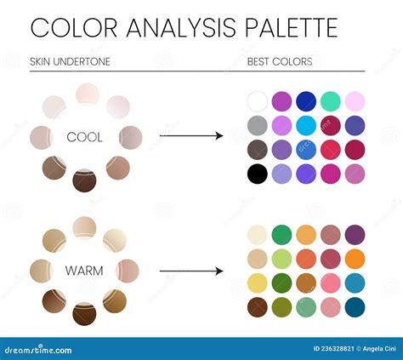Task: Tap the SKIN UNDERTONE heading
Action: (70, 62)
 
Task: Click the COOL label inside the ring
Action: (84, 137)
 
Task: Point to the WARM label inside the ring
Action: (84, 271)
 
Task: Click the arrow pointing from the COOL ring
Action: (190, 135)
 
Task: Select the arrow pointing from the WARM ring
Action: (190, 271)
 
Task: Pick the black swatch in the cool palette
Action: (257, 174)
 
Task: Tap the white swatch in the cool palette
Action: (257, 101)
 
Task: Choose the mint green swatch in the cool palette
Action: (331, 101)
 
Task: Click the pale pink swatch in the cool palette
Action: (355, 101)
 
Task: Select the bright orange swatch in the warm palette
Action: (355, 258)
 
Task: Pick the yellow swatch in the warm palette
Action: (257, 283)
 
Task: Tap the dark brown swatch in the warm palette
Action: (257, 306)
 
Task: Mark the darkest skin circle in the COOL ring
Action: (83, 180)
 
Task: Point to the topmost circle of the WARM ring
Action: (83, 227)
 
